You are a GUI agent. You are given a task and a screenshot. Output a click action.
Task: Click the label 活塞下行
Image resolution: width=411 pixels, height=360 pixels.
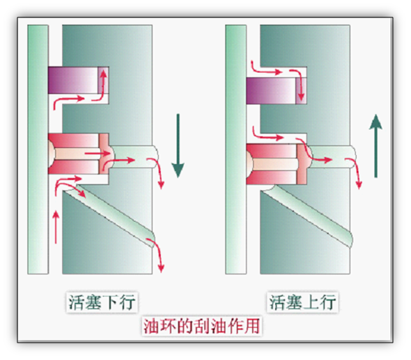pyautogui.click(x=102, y=302)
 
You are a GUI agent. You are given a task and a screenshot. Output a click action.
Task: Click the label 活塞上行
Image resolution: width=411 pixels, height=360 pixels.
pyautogui.click(x=302, y=302)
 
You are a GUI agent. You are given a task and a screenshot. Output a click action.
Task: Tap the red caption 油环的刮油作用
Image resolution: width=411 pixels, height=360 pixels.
pyautogui.click(x=201, y=326)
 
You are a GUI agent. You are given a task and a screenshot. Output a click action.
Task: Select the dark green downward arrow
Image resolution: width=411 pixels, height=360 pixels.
pyautogui.click(x=178, y=146)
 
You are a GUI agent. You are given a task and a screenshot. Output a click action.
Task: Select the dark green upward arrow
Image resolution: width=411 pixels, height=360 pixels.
pyautogui.click(x=376, y=146)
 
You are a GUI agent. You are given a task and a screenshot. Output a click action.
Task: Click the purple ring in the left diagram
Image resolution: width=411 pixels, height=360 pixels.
pyautogui.click(x=78, y=80)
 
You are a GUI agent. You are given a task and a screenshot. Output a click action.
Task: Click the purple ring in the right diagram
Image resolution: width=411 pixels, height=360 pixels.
pyautogui.click(x=277, y=90)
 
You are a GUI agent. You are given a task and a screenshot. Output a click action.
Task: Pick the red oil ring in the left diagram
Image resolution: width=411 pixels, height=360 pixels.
pyautogui.click(x=78, y=154)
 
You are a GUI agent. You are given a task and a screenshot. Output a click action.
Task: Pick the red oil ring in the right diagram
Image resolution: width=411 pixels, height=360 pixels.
pyautogui.click(x=277, y=164)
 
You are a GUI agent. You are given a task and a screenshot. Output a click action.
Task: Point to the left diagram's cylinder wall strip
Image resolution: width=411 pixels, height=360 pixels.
pyautogui.click(x=38, y=149)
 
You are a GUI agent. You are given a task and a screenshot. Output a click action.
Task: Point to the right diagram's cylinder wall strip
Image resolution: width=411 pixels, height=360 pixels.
pyautogui.click(x=236, y=149)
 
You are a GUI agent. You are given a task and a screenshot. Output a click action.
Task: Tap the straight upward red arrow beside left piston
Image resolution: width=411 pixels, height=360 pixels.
pyautogui.click(x=56, y=227)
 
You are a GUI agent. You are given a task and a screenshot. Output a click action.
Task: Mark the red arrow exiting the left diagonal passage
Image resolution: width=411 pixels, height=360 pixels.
pyautogui.click(x=157, y=253)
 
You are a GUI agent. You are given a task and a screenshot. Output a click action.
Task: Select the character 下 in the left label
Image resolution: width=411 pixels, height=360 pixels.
pyautogui.click(x=111, y=302)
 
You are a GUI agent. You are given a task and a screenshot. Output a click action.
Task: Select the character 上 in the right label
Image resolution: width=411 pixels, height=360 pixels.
pyautogui.click(x=311, y=302)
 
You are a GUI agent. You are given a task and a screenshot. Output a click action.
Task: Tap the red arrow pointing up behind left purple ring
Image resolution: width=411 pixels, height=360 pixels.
pyautogui.click(x=100, y=86)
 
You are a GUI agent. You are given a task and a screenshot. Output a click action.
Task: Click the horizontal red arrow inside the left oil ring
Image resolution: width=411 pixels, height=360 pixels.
pyautogui.click(x=98, y=154)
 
